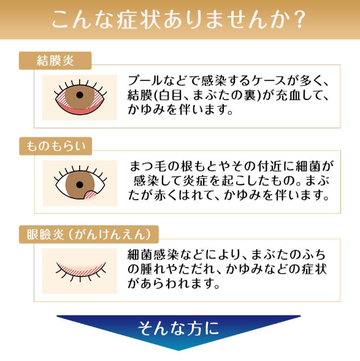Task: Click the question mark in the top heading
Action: [299, 20]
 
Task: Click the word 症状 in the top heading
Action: [138, 20]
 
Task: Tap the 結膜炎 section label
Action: [55, 61]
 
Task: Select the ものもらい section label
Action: [55, 146]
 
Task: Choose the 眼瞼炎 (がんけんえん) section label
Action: [89, 235]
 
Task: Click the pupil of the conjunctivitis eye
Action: [80, 95]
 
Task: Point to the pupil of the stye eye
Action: [80, 185]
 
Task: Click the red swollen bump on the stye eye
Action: [91, 195]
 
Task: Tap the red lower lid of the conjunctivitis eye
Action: [79, 110]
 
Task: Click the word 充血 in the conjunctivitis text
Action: [288, 95]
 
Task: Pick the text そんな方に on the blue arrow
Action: [178, 328]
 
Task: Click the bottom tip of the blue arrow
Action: [178, 351]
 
